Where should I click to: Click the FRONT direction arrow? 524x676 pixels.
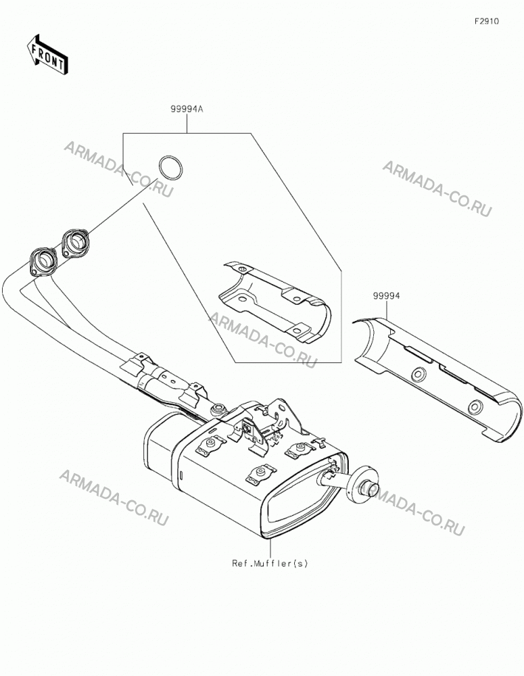coord(47,54)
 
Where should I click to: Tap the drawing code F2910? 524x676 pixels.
coord(487,21)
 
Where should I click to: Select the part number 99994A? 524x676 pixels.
coord(187,109)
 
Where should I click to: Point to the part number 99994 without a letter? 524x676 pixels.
coord(387,296)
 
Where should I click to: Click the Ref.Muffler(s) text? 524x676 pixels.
coord(270,563)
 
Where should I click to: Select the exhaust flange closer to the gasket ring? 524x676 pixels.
coord(76,243)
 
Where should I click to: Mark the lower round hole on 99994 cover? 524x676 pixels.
coord(476,406)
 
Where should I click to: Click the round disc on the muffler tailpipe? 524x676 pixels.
coord(364,484)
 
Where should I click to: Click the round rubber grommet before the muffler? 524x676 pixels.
coord(218,409)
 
